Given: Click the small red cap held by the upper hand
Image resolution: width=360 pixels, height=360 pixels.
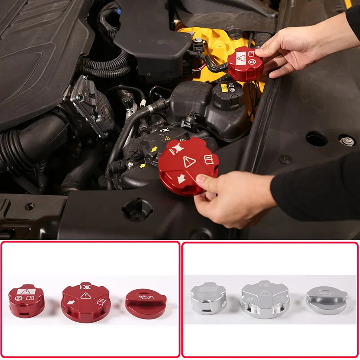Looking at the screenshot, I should click(245, 64).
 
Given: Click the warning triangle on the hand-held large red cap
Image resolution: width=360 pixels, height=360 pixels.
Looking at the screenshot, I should click(189, 162).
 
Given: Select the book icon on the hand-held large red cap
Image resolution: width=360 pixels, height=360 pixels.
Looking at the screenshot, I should click(209, 159).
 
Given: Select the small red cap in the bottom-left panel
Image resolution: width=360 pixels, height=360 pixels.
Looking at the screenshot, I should click(27, 301).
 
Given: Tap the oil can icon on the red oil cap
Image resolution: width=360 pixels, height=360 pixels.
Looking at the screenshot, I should click(146, 297).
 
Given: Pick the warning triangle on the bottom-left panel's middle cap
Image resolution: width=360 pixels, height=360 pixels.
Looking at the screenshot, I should click(86, 296).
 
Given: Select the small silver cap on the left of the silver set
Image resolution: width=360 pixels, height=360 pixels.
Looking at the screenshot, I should click(208, 298).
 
